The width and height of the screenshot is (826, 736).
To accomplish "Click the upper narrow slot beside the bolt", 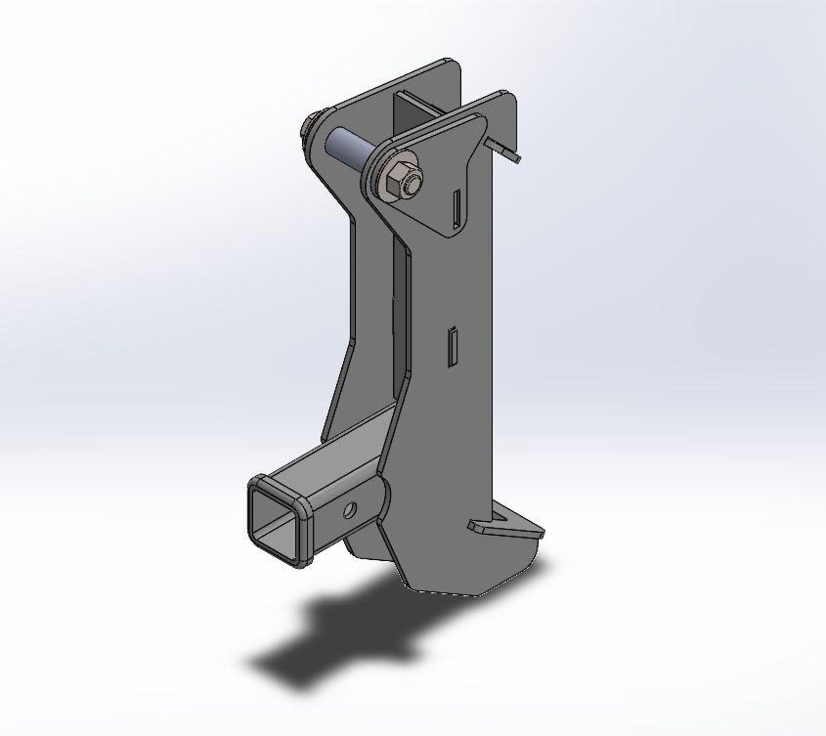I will coord(457,208).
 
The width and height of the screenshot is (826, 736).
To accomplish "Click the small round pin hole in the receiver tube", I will coord(350,510).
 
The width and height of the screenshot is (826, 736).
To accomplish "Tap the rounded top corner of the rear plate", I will coord(453,65).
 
